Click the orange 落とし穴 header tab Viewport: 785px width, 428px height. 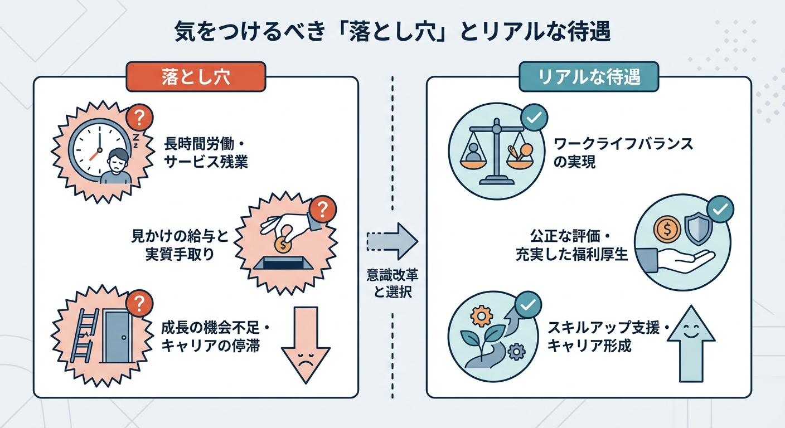click(196, 76)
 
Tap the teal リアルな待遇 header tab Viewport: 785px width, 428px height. click(589, 76)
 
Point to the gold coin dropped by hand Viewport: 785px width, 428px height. click(283, 243)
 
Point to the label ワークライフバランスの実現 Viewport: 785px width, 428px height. click(623, 153)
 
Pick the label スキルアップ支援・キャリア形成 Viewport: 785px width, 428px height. click(607, 337)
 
